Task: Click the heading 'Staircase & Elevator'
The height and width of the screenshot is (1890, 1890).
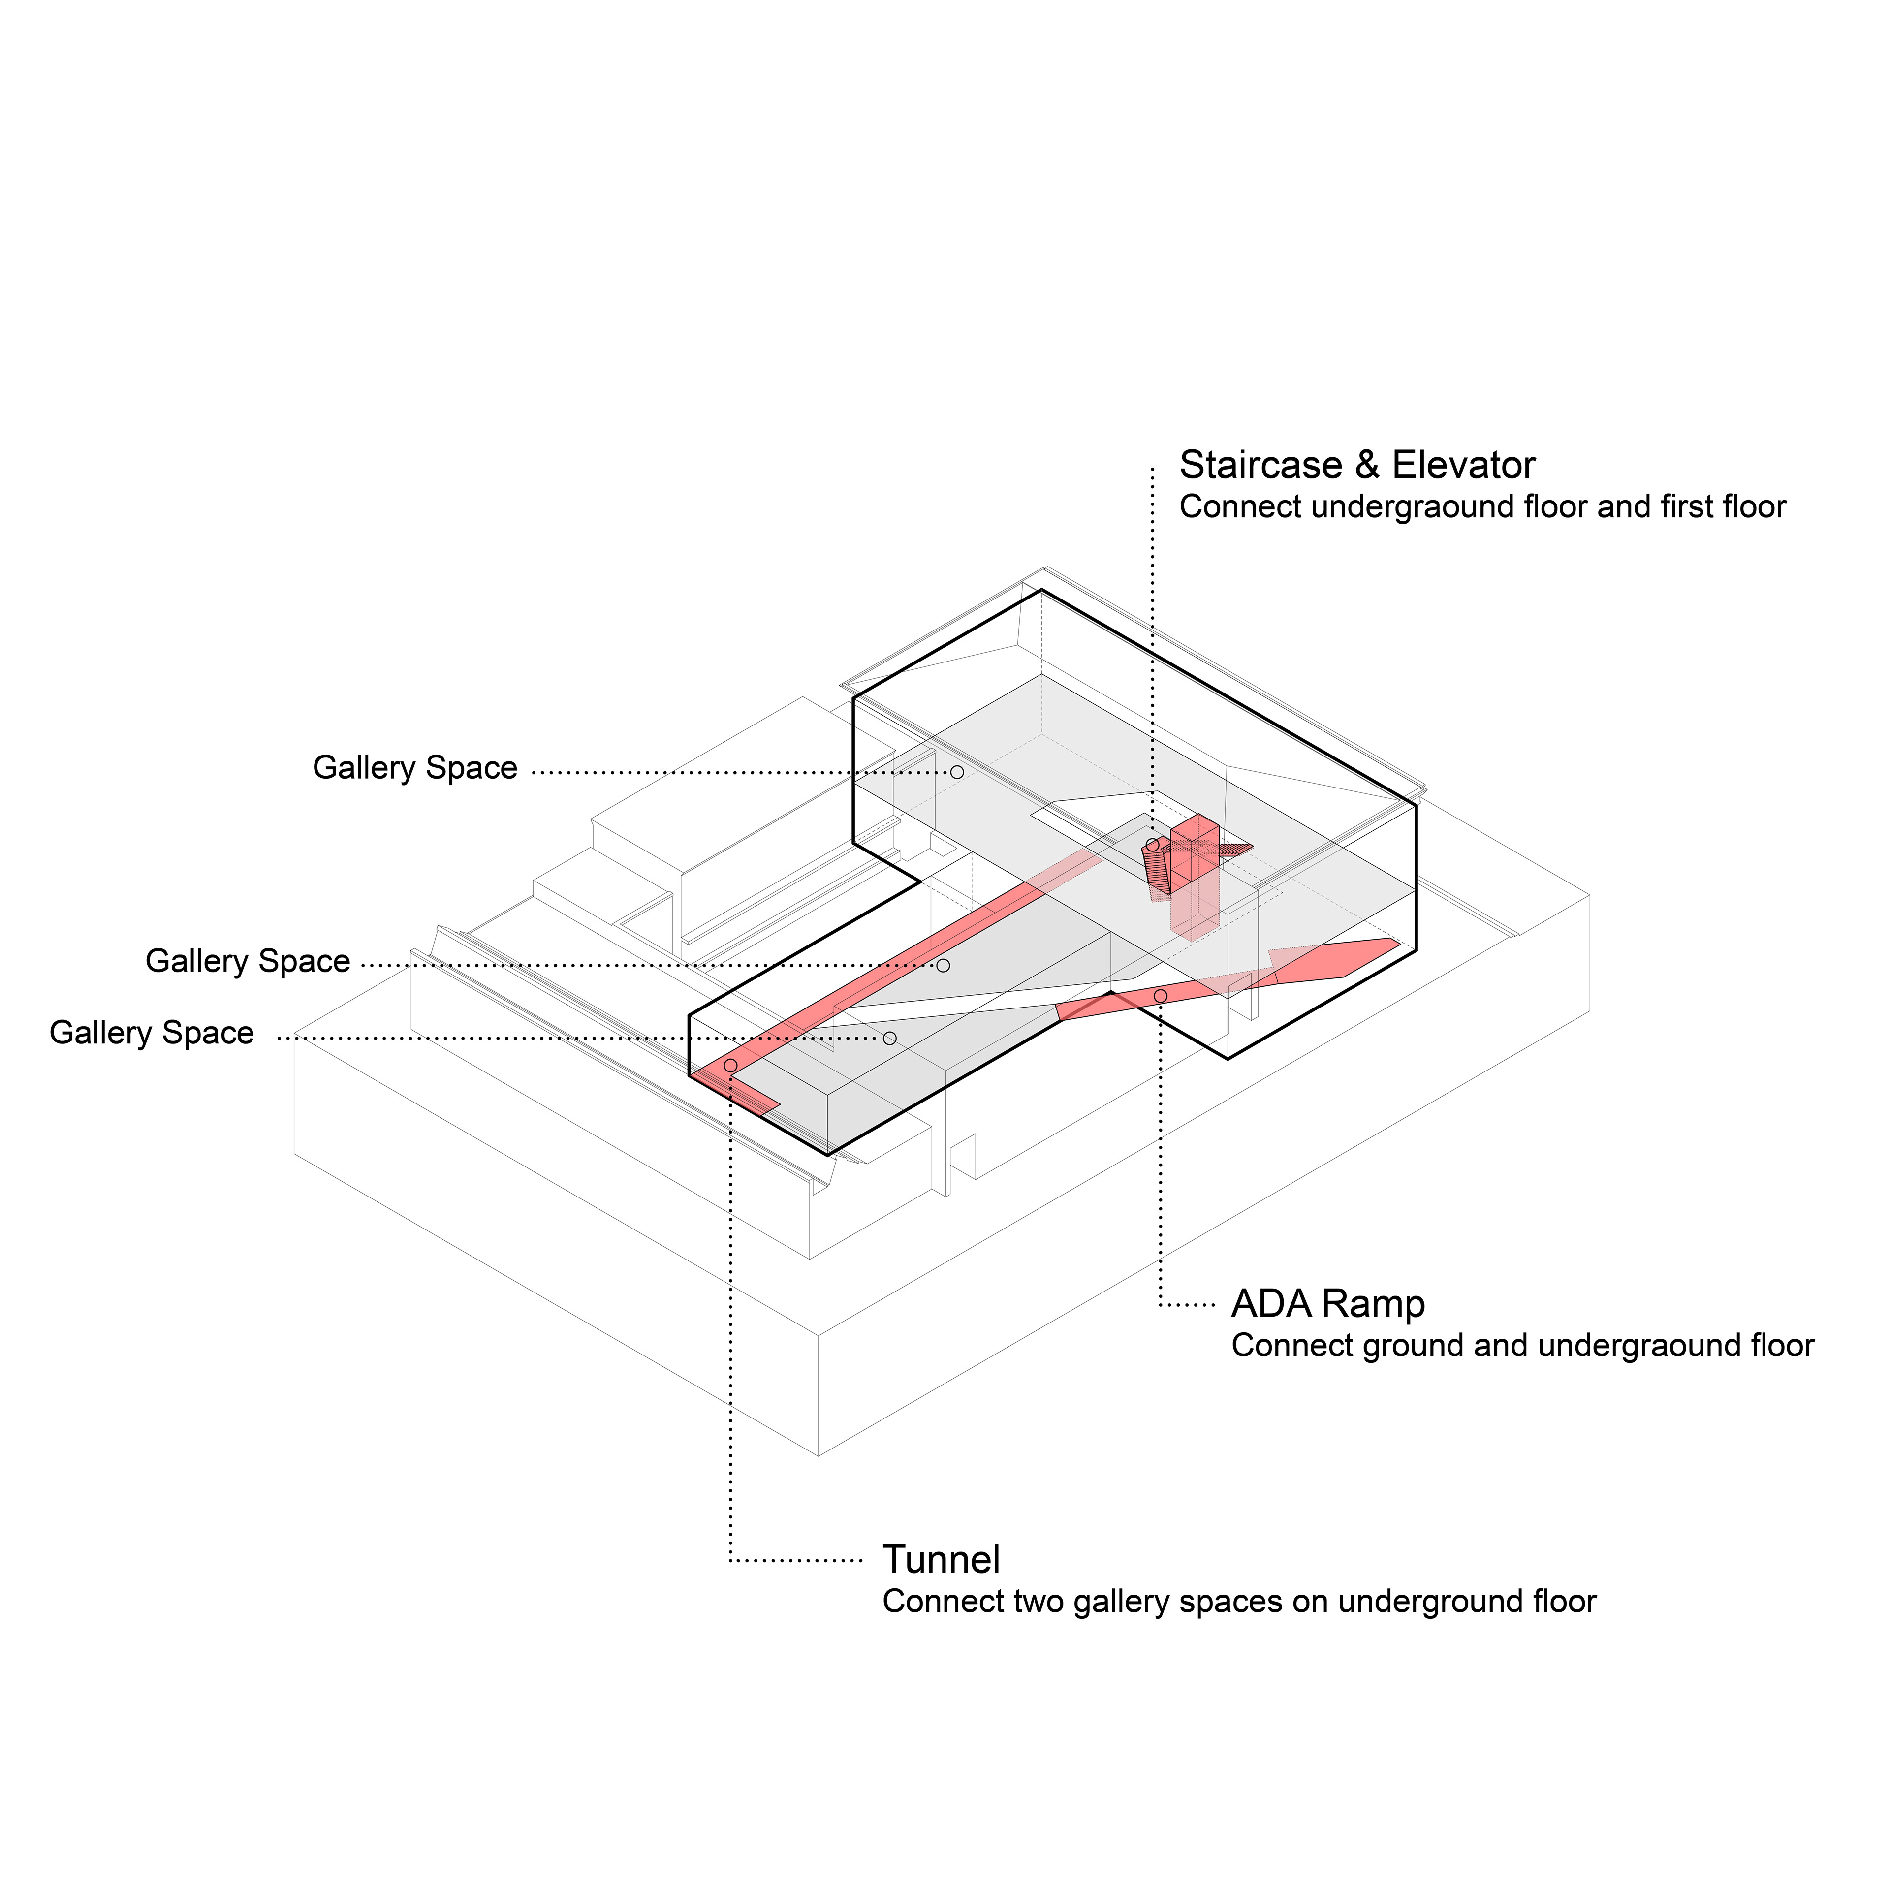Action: pos(1356,466)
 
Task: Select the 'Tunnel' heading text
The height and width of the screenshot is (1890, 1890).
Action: pos(941,1559)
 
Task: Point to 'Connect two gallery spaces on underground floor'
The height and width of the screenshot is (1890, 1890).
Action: pos(1238,1602)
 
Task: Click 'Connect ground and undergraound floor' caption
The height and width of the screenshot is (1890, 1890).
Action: pos(1521,1346)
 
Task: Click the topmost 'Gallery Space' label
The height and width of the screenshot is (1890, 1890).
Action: pos(415,768)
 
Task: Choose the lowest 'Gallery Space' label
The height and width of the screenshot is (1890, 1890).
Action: pos(152,1033)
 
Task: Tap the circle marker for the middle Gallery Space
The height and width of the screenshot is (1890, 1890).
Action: pos(943,966)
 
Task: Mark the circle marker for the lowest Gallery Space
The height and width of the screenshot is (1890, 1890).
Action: pos(889,1038)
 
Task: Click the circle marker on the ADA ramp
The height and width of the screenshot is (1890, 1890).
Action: pos(1160,996)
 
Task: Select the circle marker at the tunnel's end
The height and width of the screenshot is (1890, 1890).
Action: pos(730,1065)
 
